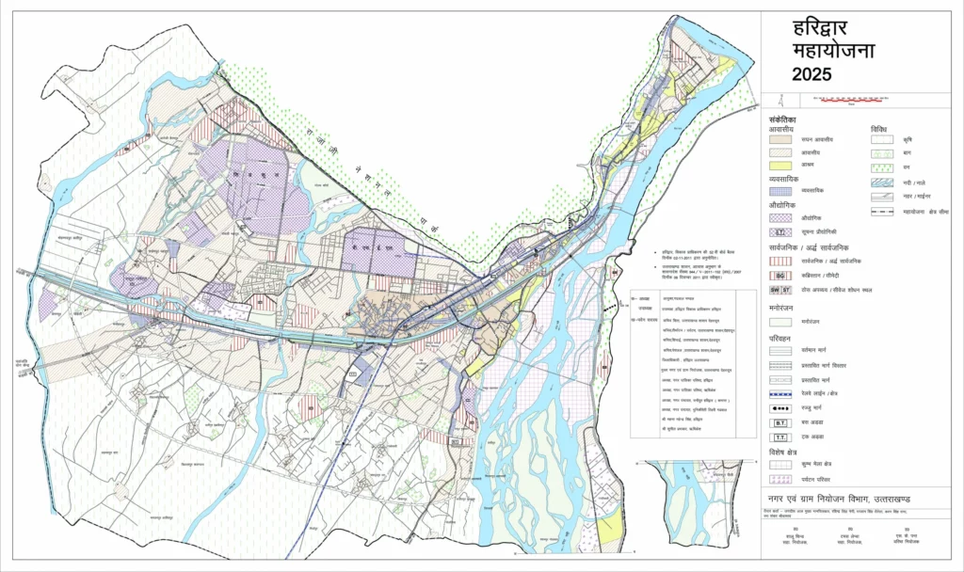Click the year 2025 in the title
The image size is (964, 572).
(x=811, y=75)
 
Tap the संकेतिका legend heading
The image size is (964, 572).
(x=782, y=120)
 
